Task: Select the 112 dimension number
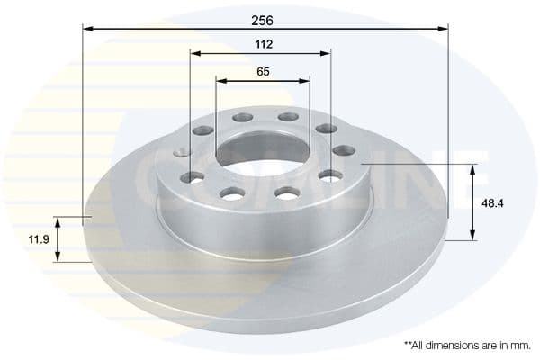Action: [x=263, y=43]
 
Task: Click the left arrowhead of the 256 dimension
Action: [x=87, y=29]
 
